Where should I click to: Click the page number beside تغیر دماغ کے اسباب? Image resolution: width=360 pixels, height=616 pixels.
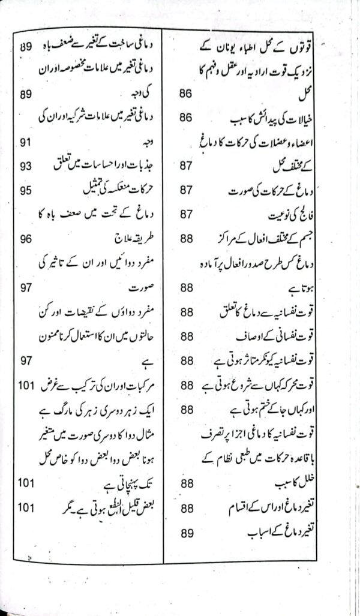click(x=186, y=531)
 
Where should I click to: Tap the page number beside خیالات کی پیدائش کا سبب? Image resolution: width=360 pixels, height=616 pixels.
click(x=186, y=118)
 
